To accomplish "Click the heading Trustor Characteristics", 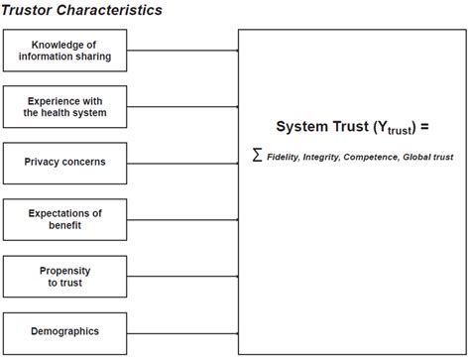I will (x=82, y=10).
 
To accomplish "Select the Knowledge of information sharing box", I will (x=64, y=50).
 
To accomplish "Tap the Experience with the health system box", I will (x=64, y=106).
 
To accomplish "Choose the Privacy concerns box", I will (x=64, y=162).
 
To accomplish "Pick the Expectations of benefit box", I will (x=64, y=219).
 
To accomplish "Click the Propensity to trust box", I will (x=64, y=276).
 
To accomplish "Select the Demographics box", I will (x=64, y=331).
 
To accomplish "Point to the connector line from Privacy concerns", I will (x=182, y=162).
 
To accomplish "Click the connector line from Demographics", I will (x=182, y=331).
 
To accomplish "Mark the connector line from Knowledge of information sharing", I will (x=182, y=50).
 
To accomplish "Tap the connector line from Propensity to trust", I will (x=182, y=276).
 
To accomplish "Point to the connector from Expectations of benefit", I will (x=182, y=219).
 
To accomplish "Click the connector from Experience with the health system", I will (x=182, y=106).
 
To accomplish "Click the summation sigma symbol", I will (x=257, y=156).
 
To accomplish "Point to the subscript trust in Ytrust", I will (x=397, y=132).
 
